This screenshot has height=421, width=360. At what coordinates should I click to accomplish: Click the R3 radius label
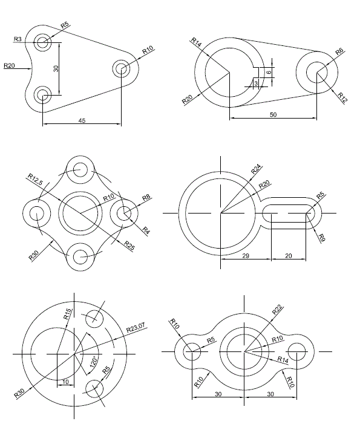coord(18,39)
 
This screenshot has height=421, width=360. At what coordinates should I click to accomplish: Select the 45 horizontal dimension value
coord(81,120)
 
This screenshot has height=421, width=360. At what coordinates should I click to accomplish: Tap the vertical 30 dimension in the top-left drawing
coord(56,68)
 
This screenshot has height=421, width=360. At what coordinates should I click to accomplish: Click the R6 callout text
coord(339,53)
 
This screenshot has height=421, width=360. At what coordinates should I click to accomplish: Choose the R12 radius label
coord(342,96)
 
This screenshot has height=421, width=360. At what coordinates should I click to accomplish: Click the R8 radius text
coord(146,197)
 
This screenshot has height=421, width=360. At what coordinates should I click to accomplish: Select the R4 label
coord(146,229)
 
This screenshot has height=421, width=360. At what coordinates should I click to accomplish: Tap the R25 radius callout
coord(129,244)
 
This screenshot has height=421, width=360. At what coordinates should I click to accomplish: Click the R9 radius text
coord(322,237)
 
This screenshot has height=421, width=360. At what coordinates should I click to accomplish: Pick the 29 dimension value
coord(245,256)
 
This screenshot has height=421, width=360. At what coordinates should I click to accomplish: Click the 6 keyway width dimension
coord(268,72)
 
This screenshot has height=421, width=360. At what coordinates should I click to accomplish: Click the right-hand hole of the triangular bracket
coord(120,68)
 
